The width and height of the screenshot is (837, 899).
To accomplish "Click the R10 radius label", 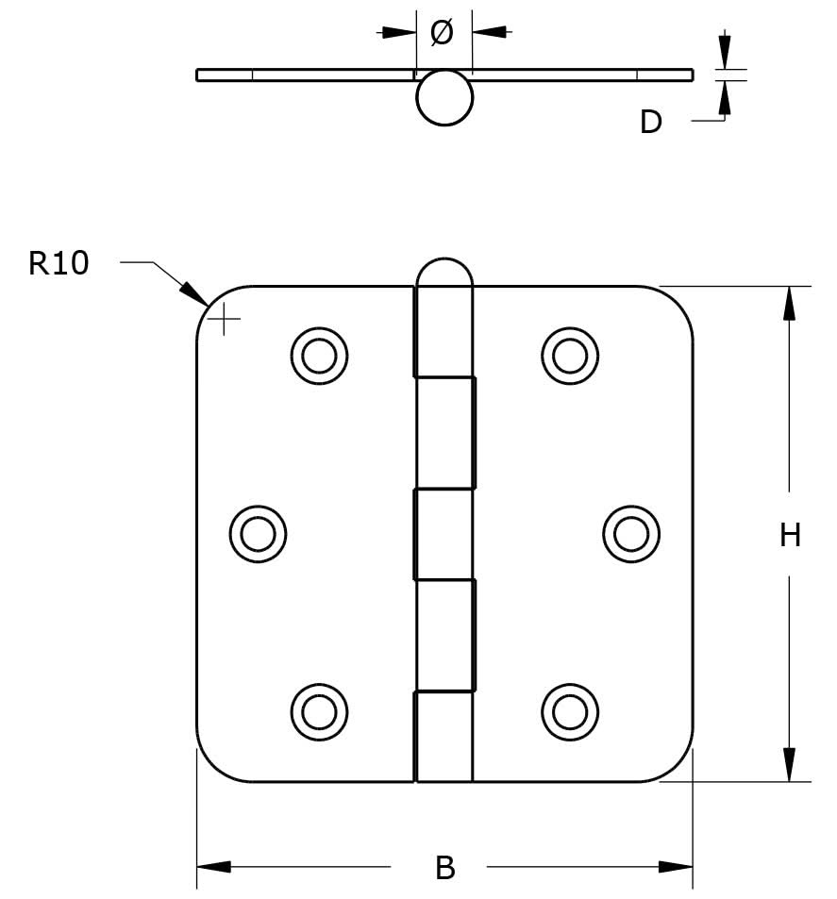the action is pyautogui.click(x=59, y=263).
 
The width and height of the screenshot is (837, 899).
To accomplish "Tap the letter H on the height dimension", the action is pyautogui.click(x=790, y=536).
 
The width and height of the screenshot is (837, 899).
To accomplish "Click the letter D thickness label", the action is pyautogui.click(x=651, y=123).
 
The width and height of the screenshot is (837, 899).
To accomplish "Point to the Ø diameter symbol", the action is pyautogui.click(x=442, y=33).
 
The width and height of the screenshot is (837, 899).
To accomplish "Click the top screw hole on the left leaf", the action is pyautogui.click(x=319, y=356).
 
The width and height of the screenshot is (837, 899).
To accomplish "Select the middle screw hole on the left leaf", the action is pyautogui.click(x=258, y=534).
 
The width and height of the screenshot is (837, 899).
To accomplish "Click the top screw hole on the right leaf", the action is pyautogui.click(x=570, y=355).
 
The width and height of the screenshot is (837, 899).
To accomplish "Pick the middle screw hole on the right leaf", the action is pyautogui.click(x=631, y=534).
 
